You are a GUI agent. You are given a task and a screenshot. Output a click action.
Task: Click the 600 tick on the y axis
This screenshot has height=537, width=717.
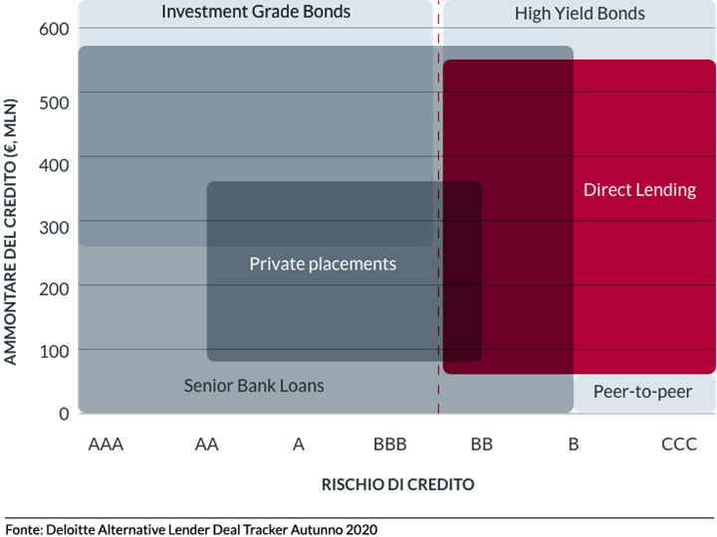pos(54,29)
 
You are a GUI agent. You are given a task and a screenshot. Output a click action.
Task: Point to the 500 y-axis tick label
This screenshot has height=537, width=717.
pos(54,102)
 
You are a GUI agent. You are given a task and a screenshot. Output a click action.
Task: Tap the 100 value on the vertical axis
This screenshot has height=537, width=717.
pos(54,352)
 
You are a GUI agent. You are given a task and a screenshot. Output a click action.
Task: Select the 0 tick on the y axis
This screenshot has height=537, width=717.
pos(64,414)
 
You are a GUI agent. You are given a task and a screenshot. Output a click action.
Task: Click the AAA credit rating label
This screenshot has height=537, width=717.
pos(106,445)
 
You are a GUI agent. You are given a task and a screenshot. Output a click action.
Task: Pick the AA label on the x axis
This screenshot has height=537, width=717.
pos(207,445)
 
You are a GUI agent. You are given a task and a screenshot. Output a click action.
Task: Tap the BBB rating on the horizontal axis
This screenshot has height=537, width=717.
pos(390,445)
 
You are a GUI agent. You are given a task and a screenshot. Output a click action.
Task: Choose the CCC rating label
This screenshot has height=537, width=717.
pos(679,445)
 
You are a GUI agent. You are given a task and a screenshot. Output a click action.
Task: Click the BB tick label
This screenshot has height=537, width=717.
pos(482,445)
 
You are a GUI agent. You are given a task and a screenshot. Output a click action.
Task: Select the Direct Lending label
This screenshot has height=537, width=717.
pos(639,190)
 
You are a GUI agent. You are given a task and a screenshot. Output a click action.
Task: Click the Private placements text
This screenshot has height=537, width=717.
pos(323,264)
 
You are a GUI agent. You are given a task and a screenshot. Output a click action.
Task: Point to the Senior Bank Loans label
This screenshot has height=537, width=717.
pos(254,386)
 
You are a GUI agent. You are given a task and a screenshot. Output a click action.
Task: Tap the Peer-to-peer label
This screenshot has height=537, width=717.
pos(642,392)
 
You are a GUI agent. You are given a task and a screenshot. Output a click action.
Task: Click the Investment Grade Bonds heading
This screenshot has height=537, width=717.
pos(256,11)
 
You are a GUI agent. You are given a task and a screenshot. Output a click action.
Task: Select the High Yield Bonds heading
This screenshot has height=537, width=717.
pos(580,14)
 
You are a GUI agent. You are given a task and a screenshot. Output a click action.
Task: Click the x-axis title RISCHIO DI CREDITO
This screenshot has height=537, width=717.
pos(397,484)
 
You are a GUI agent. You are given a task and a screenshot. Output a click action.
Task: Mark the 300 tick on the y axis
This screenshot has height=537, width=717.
pos(54,228)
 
